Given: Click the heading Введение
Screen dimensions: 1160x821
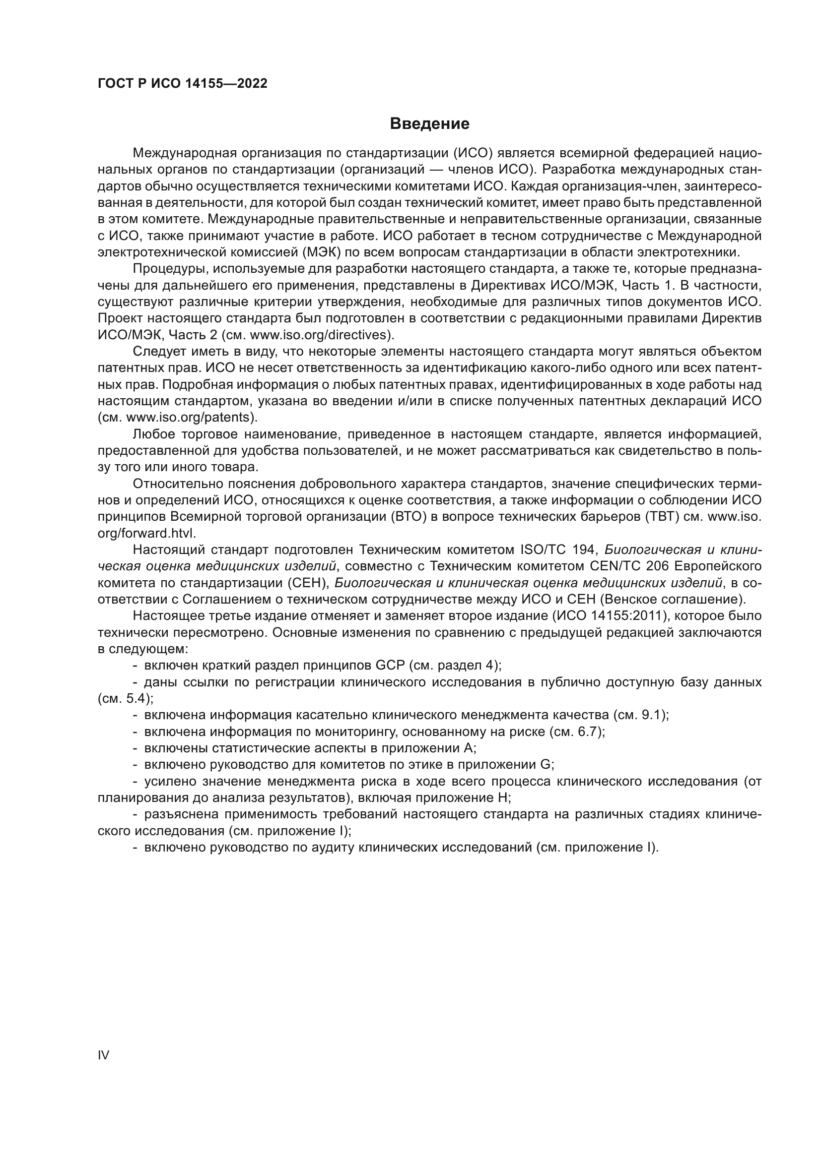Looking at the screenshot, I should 429,124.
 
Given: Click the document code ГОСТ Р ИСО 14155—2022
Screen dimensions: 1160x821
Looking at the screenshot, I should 183,84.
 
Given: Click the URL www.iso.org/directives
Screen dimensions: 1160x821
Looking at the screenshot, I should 321,334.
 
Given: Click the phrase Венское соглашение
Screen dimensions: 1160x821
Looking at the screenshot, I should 673,600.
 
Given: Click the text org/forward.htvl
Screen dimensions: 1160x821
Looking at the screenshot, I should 146,534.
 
